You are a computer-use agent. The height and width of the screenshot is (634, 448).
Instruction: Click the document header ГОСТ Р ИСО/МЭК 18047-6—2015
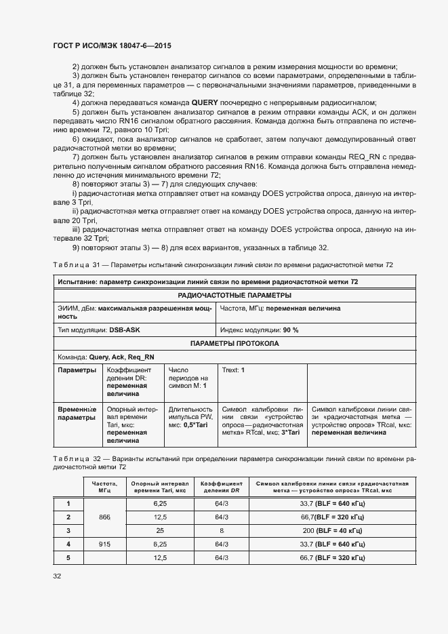pyautogui.click(x=112, y=45)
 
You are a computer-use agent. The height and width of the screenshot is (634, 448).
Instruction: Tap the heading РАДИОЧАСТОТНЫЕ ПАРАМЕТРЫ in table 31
pyautogui.click(x=235, y=295)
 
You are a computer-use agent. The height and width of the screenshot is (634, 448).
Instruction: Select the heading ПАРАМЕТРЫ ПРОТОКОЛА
pyautogui.click(x=235, y=343)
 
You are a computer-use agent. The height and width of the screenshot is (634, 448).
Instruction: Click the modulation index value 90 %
pyautogui.click(x=290, y=330)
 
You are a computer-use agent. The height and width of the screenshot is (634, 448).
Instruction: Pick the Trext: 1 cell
pyautogui.click(x=233, y=370)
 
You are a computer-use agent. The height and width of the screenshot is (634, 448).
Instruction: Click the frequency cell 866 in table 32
pyautogui.click(x=104, y=517)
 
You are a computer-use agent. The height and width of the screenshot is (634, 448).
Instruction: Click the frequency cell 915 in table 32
pyautogui.click(x=104, y=544)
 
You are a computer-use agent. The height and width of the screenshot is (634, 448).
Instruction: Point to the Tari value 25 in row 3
pyautogui.click(x=160, y=530)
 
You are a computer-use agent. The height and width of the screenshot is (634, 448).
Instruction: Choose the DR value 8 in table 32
pyautogui.click(x=221, y=530)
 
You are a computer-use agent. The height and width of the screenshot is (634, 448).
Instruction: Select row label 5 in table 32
pyautogui.click(x=68, y=557)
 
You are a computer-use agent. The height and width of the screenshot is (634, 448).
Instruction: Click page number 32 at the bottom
pyautogui.click(x=57, y=576)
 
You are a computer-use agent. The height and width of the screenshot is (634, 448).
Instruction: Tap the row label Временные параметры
pyautogui.click(x=77, y=414)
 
